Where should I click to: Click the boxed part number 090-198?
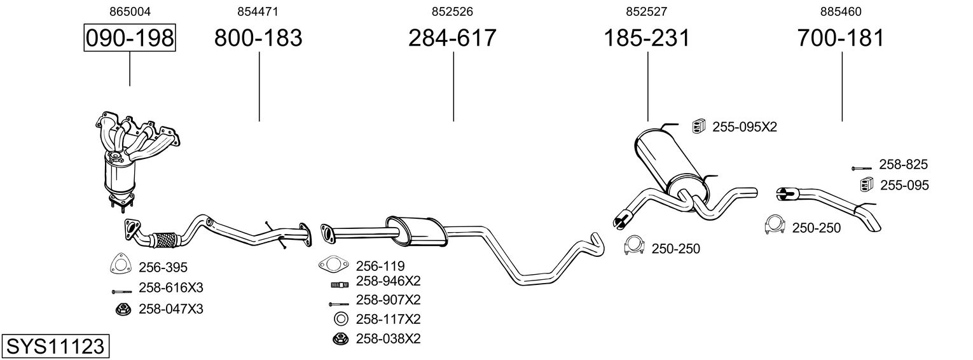(130, 38)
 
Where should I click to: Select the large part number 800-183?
(258, 38)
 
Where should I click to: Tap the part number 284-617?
(452, 38)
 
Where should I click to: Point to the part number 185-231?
(647, 38)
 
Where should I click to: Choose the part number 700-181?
(841, 38)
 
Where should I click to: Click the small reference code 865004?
(130, 11)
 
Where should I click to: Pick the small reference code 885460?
(841, 11)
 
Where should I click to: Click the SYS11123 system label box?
(55, 347)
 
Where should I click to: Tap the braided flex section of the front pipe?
(166, 240)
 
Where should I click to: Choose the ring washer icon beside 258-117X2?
(341, 319)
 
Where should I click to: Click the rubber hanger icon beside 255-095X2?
(698, 127)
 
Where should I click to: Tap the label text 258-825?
(903, 165)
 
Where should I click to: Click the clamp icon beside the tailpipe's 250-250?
(775, 226)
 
